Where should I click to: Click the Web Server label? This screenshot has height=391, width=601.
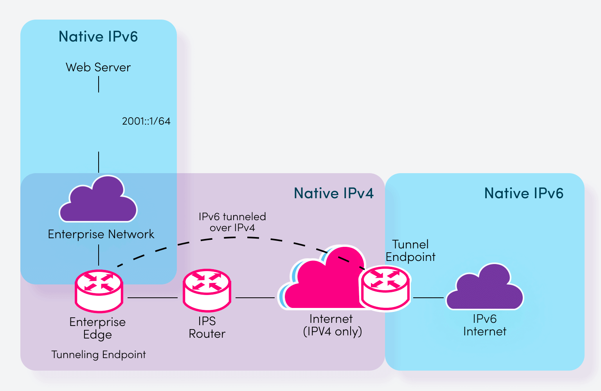(98, 67)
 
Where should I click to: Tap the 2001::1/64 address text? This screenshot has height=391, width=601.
(146, 121)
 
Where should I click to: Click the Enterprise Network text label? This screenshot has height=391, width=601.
(101, 234)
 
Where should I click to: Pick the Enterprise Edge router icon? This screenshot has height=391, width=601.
(99, 291)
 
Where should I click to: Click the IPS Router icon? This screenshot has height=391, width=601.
(207, 290)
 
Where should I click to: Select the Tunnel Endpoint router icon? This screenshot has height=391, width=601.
(385, 288)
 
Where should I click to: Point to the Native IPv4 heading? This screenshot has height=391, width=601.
(333, 193)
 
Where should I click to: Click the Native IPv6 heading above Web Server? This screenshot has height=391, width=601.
(98, 36)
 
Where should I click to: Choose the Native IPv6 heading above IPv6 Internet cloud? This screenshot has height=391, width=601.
(524, 193)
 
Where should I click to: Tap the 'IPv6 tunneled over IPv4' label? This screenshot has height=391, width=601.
(232, 222)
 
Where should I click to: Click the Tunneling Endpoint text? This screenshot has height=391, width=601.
(99, 355)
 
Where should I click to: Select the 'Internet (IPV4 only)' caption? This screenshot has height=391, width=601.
(332, 325)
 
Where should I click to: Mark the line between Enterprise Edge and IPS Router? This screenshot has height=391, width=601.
(153, 298)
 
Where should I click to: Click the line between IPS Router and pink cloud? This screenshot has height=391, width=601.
(255, 298)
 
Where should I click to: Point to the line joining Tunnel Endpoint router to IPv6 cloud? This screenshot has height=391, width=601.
(428, 298)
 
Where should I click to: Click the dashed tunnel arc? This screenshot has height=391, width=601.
(235, 237)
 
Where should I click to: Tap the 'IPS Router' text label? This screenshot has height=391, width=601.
(207, 328)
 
